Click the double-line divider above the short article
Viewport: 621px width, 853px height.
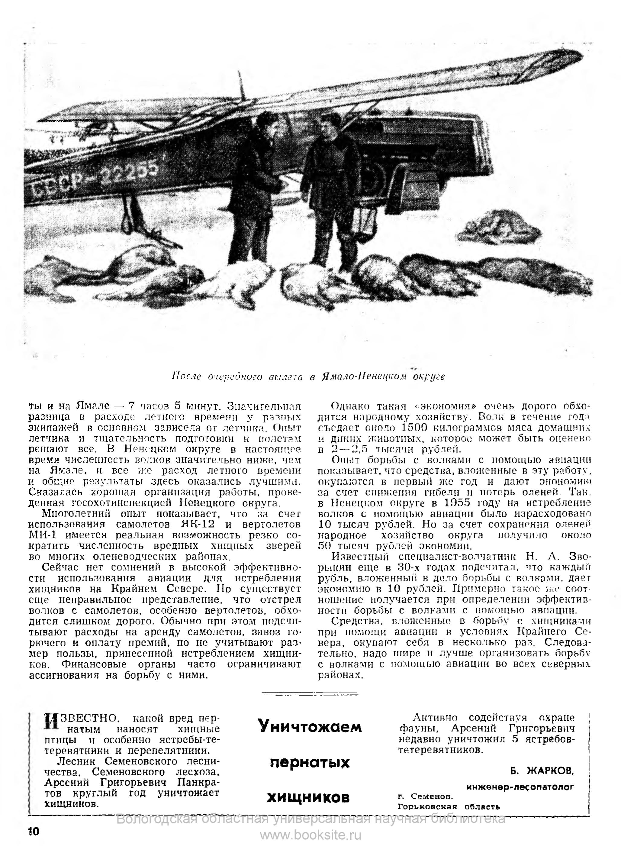tap(309, 693)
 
